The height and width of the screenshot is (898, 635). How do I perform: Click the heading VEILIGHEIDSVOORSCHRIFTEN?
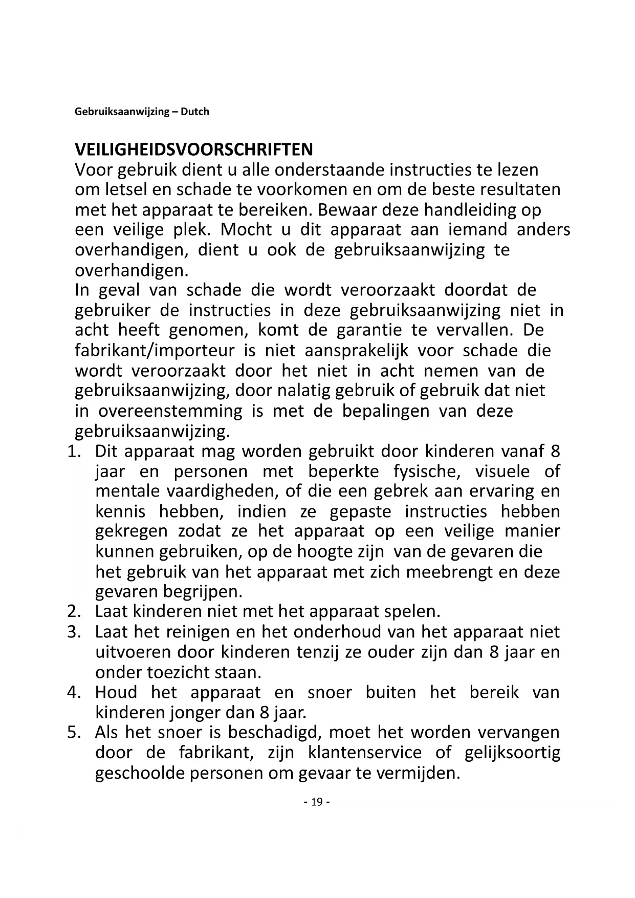tap(193, 149)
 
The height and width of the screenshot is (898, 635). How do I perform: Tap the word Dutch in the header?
tap(194, 112)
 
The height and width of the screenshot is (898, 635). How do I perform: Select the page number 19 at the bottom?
tap(317, 802)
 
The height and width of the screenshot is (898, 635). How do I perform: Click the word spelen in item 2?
tap(412, 612)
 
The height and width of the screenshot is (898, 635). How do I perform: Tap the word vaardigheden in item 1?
tap(222, 491)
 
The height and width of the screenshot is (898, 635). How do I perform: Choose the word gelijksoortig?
tap(512, 753)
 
